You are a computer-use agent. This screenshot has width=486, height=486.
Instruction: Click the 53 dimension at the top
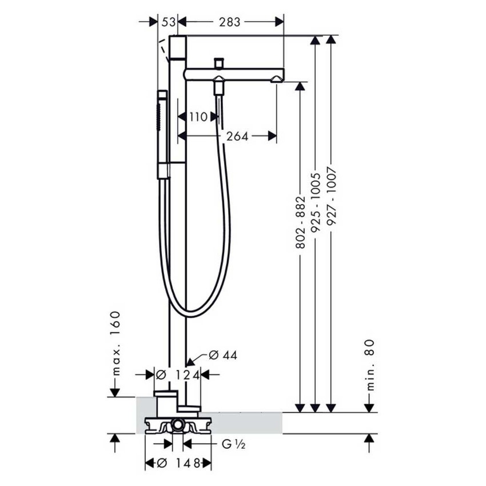point(168,22)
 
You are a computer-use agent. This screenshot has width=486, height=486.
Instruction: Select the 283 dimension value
point(229,22)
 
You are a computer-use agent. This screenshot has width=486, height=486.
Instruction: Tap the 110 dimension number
point(197,117)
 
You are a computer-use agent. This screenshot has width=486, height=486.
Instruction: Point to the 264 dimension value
point(237,136)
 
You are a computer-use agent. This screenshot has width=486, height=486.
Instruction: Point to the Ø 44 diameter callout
point(223,355)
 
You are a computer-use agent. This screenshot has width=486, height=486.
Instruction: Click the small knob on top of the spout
point(218,62)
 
